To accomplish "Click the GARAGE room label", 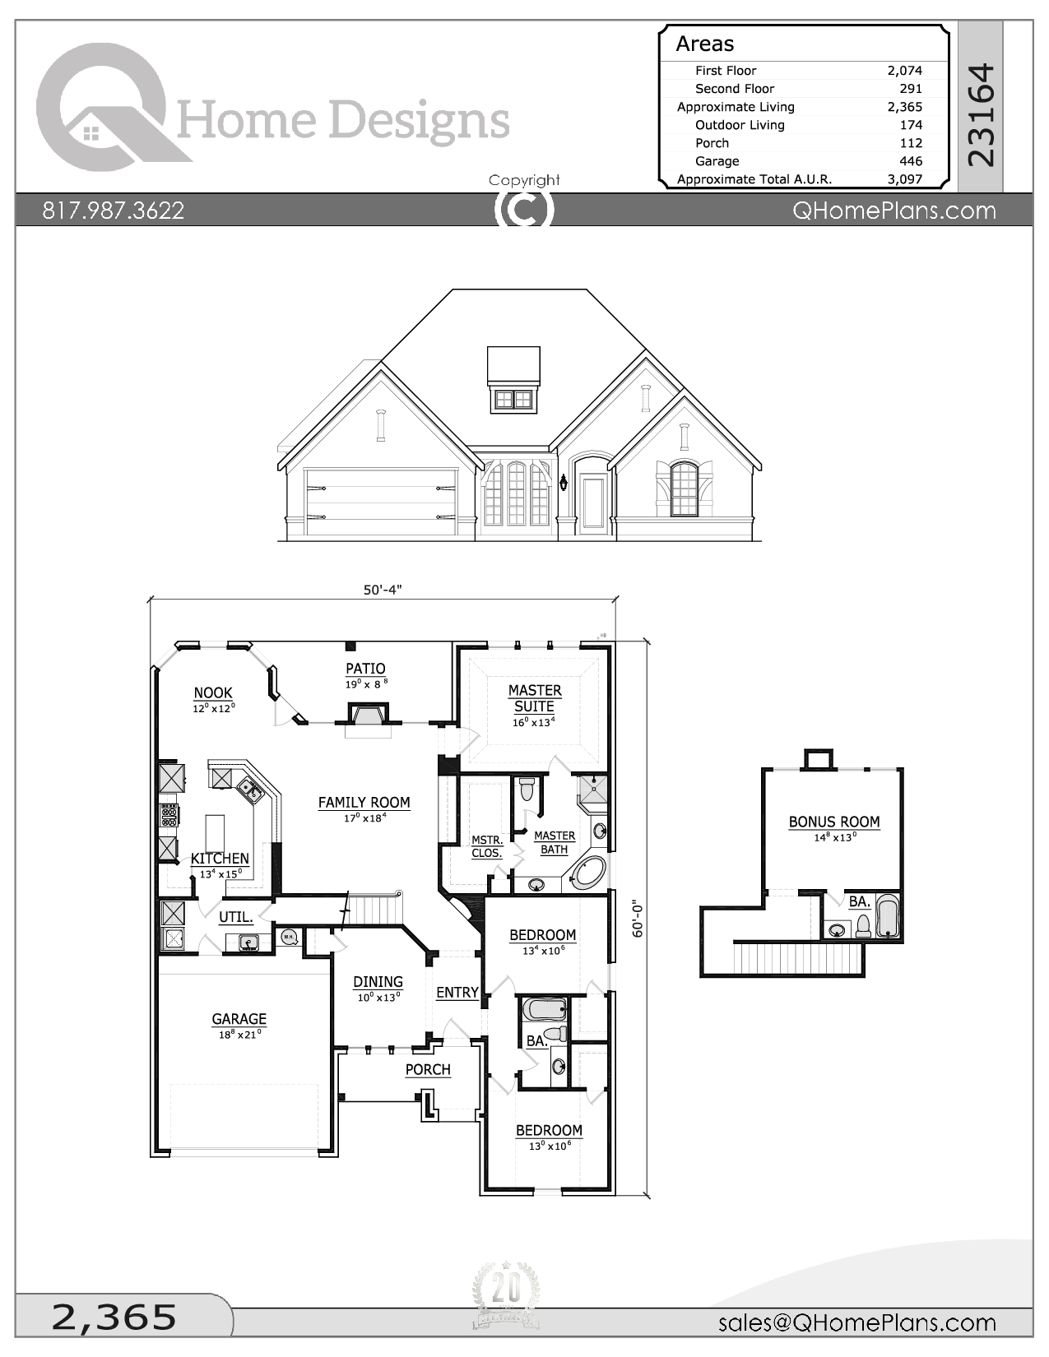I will pyautogui.click(x=239, y=1019).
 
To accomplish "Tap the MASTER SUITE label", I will pyautogui.click(x=535, y=698).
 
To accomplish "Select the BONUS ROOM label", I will pyautogui.click(x=834, y=822).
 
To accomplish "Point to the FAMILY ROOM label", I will pyautogui.click(x=364, y=803).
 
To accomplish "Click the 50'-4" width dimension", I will pyautogui.click(x=383, y=590).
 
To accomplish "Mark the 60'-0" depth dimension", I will pyautogui.click(x=638, y=918).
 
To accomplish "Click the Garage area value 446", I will pyautogui.click(x=910, y=161).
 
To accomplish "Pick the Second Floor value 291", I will pyautogui.click(x=910, y=89).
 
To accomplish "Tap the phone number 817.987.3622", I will pyautogui.click(x=114, y=211).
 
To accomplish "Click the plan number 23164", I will pyautogui.click(x=981, y=115).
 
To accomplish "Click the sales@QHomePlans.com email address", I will pyautogui.click(x=856, y=1322).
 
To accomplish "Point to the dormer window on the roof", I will pyautogui.click(x=513, y=400).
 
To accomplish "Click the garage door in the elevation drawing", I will pyautogui.click(x=381, y=501).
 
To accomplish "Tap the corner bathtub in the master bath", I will pyautogui.click(x=590, y=872).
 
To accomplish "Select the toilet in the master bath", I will pyautogui.click(x=527, y=790).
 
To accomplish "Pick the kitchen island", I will pyautogui.click(x=215, y=832).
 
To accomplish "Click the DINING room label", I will pyautogui.click(x=378, y=982).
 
